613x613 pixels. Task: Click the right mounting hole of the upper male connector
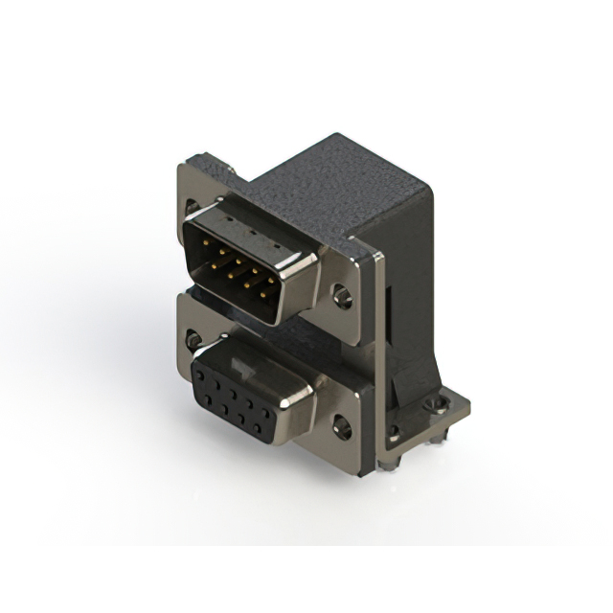pos(342,296)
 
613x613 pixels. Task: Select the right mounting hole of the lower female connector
pos(341,425)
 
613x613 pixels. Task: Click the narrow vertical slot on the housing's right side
pos(392,306)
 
